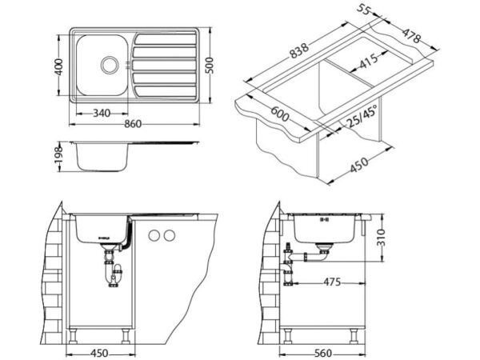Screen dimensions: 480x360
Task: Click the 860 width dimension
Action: tap(133, 124)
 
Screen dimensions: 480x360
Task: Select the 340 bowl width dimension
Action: tap(102, 114)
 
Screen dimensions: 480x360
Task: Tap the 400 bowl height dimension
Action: tap(58, 66)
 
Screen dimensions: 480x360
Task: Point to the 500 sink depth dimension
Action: tap(210, 66)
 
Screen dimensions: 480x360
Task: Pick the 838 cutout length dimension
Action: tap(299, 50)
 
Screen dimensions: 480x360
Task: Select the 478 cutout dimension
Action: tap(411, 36)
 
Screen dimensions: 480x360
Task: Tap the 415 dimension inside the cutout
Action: tap(369, 62)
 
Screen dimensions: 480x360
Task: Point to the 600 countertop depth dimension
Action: tap(279, 113)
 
